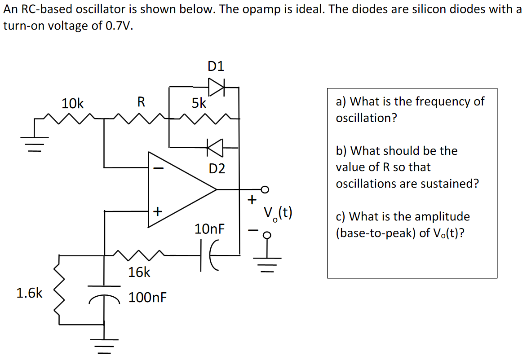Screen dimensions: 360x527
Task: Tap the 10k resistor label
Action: click(72, 104)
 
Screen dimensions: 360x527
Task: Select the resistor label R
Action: click(141, 102)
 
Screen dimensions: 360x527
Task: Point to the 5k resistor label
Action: click(199, 104)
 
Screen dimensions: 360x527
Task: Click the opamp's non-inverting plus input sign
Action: click(158, 211)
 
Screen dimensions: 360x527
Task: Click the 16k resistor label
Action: click(139, 272)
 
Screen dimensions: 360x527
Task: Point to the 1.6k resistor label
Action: click(29, 294)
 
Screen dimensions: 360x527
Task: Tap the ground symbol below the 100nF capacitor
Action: click(104, 345)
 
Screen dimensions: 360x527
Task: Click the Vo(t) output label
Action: click(278, 212)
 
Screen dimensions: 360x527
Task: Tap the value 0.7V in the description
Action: click(119, 26)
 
